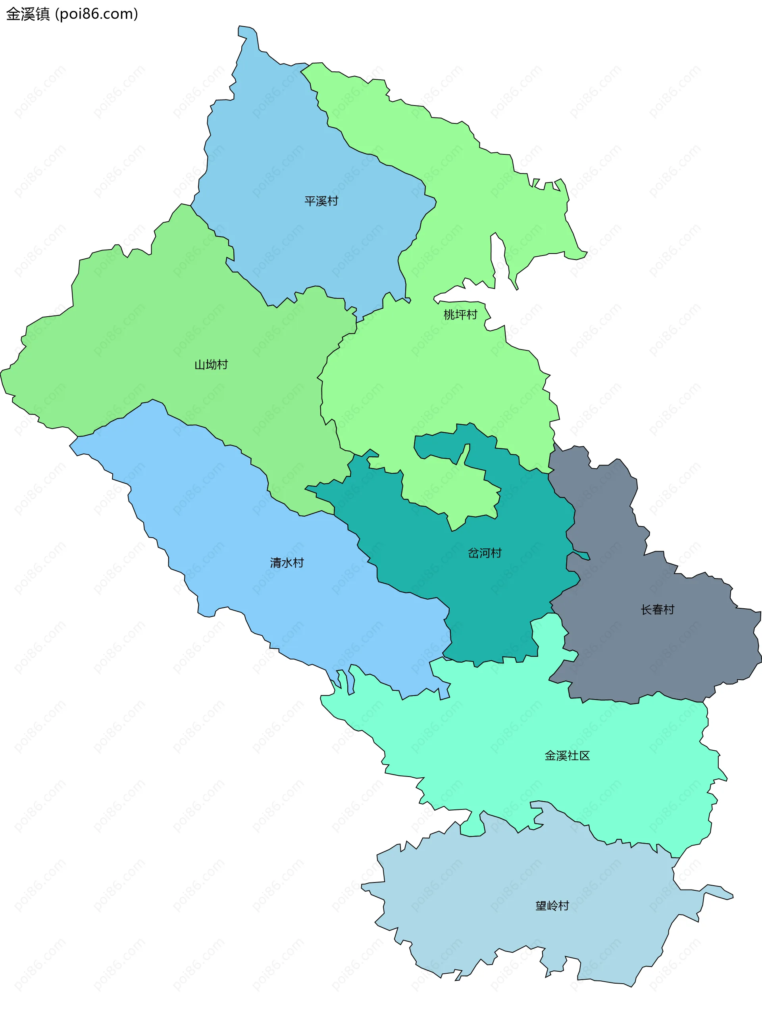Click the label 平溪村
point(321,201)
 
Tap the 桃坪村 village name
point(460,315)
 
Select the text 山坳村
point(211,365)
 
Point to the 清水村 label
point(287,563)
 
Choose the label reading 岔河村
point(485,553)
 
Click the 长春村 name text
point(657,609)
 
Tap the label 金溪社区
point(567,755)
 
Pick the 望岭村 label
point(552,906)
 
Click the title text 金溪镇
point(27,14)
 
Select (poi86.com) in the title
point(96,14)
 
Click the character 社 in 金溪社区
point(572,755)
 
